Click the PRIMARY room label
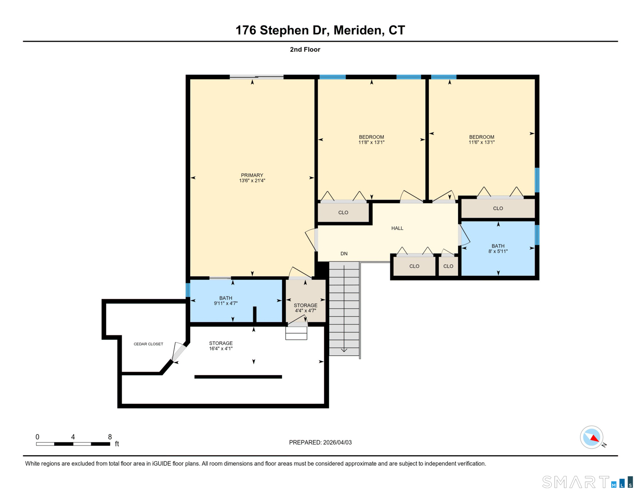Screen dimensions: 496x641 (252, 175)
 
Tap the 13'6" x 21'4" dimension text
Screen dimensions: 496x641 (252, 181)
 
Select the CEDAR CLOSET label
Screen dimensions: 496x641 (148, 344)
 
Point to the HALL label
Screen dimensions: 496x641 (397, 228)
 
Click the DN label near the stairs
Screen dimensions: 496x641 (344, 253)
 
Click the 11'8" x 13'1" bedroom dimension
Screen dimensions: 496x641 (371, 143)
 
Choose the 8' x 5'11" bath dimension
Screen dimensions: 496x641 (498, 251)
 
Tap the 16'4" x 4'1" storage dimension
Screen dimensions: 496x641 (221, 349)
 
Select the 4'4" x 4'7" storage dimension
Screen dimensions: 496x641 (305, 311)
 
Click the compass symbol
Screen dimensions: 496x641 (591, 437)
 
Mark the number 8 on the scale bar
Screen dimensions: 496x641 (110, 437)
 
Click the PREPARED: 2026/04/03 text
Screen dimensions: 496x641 (320, 442)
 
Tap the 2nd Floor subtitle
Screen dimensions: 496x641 (305, 50)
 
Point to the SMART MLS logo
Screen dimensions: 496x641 (587, 482)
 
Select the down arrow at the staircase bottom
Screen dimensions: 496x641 (344, 350)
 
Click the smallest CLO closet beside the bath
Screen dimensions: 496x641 (448, 266)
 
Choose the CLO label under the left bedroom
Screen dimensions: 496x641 (343, 213)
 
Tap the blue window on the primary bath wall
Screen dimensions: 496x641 (188, 290)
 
